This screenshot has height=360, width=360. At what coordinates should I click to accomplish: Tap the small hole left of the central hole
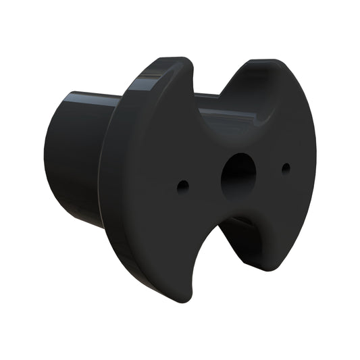coord(181,184)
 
